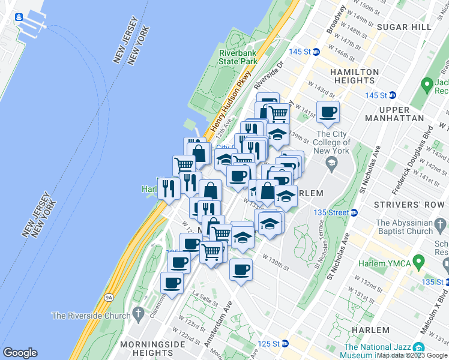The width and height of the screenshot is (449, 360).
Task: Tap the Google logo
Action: point(20,353)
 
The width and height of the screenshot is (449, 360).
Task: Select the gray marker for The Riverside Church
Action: point(139,314)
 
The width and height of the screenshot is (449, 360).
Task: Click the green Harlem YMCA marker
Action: point(419,262)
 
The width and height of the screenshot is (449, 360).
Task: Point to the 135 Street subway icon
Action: point(354,212)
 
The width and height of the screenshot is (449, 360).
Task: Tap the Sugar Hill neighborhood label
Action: point(405,28)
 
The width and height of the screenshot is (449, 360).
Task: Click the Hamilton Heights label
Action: point(355,76)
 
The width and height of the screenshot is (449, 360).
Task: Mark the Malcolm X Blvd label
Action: point(432,323)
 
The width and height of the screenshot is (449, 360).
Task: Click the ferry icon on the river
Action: point(19,16)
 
